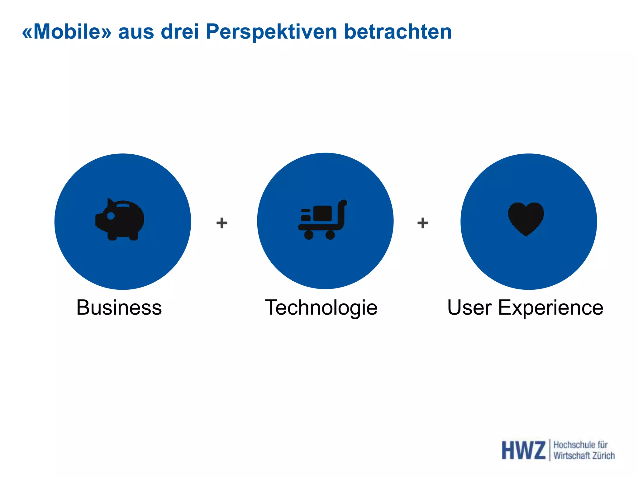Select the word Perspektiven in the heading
pyautogui.click(x=271, y=32)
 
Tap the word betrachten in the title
pyautogui.click(x=398, y=32)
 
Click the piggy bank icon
pyautogui.click(x=120, y=220)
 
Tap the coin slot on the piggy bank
pyautogui.click(x=123, y=205)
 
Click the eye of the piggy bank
pyautogui.click(x=111, y=216)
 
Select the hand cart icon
pyautogui.click(x=322, y=220)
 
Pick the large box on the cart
pyautogui.click(x=323, y=213)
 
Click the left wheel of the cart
pyautogui.click(x=308, y=235)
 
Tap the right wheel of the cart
pyautogui.click(x=330, y=235)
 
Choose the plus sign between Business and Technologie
pyautogui.click(x=222, y=223)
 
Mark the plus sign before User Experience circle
pyautogui.click(x=423, y=223)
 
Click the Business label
pyautogui.click(x=119, y=307)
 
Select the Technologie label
pyautogui.click(x=321, y=307)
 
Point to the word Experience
pyautogui.click(x=550, y=307)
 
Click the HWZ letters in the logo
pyautogui.click(x=523, y=450)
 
